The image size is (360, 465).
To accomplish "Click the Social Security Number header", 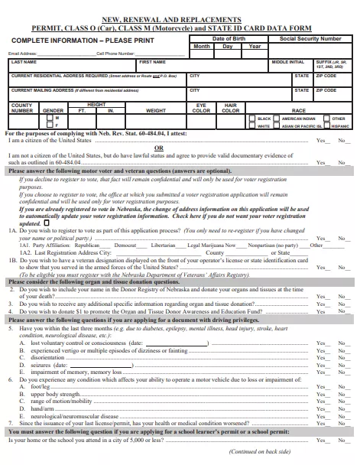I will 310,38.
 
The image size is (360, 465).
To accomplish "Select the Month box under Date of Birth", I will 201,47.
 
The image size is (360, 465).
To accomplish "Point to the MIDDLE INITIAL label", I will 287,62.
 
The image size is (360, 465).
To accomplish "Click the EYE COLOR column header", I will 201,107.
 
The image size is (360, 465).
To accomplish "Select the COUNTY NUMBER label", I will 22,107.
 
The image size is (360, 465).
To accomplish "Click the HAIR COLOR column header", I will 230,107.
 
